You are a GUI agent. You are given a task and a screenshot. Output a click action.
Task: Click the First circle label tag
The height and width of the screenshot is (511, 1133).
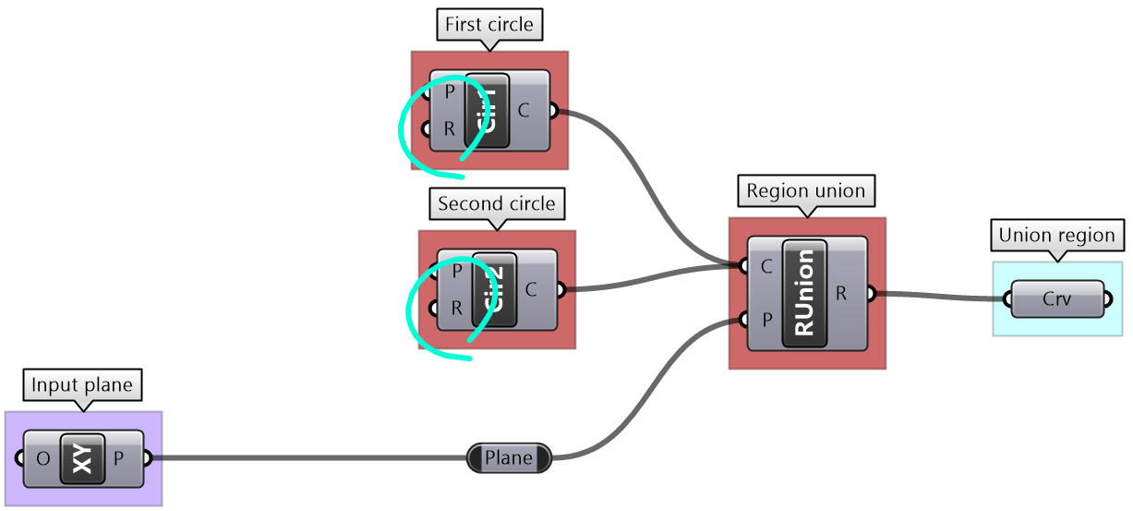click(x=489, y=24)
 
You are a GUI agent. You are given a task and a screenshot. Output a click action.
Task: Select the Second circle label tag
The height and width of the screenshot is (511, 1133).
click(x=497, y=203)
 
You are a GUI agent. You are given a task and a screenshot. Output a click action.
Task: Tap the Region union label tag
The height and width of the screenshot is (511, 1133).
click(x=806, y=191)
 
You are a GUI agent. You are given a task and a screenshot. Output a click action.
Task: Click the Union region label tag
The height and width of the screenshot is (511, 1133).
click(x=1056, y=235)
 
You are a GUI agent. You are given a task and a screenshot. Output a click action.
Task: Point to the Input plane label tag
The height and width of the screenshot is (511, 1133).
click(x=83, y=384)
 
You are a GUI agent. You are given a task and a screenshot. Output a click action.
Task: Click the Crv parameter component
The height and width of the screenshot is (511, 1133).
click(x=1057, y=299)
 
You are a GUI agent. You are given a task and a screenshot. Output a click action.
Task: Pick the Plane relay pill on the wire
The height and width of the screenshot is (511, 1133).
click(x=509, y=457)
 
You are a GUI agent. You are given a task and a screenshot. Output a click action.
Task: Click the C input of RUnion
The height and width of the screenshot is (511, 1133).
click(x=766, y=267)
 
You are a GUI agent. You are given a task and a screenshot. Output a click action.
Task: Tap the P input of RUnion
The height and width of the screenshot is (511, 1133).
click(x=766, y=320)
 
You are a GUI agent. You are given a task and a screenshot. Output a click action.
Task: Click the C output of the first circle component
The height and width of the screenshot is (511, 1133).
click(x=524, y=111)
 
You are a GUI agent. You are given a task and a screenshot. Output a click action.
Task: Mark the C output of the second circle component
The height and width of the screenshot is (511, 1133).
click(x=532, y=289)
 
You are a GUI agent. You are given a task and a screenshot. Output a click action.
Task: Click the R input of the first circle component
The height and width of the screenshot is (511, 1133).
click(x=449, y=128)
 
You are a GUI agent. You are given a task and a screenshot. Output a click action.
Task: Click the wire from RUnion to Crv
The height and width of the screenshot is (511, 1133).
click(x=942, y=297)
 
